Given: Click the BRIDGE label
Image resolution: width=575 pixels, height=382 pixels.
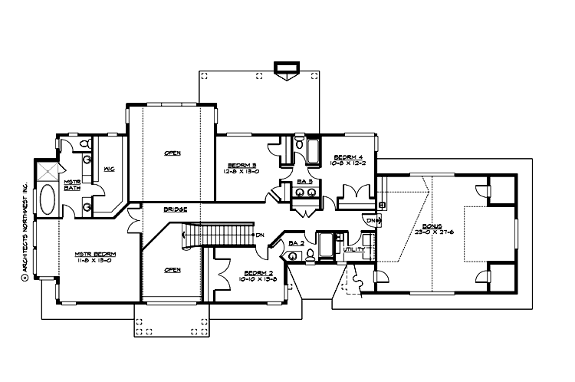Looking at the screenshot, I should coord(177,209).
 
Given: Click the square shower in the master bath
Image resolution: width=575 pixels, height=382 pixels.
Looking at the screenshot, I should coord(48,170).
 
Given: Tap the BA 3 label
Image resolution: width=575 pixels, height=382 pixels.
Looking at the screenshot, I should coord(304,181).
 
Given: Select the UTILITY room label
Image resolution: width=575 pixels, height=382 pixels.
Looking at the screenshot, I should coord(353,249).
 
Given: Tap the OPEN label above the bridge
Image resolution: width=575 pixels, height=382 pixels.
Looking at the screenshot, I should coord(172,153).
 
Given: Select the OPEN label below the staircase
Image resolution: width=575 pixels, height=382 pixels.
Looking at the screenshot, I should coord(172,270).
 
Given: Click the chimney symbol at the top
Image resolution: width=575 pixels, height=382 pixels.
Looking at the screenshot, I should coord(288,74).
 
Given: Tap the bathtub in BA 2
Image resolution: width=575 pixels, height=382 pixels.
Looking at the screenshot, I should coord(326,245).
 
